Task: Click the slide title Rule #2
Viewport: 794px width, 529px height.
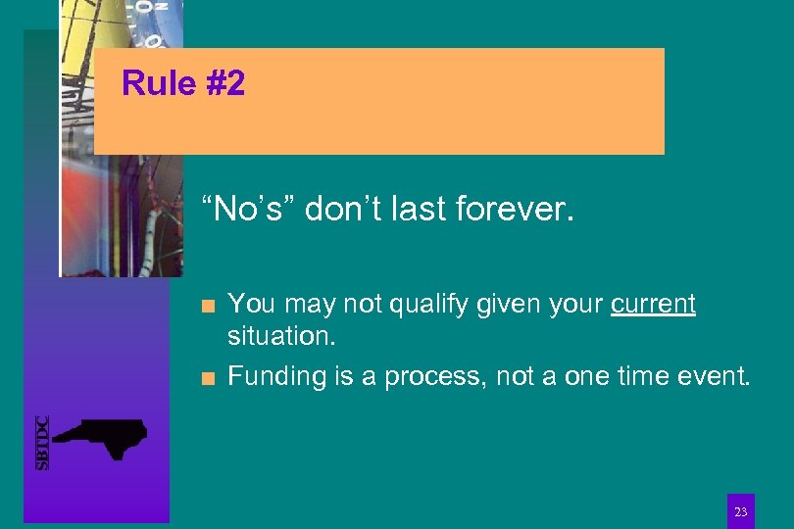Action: point(183,84)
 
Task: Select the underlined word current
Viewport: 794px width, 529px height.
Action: point(653,305)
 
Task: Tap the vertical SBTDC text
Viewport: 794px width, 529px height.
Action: point(42,443)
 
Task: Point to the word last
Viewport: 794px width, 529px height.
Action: point(413,209)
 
